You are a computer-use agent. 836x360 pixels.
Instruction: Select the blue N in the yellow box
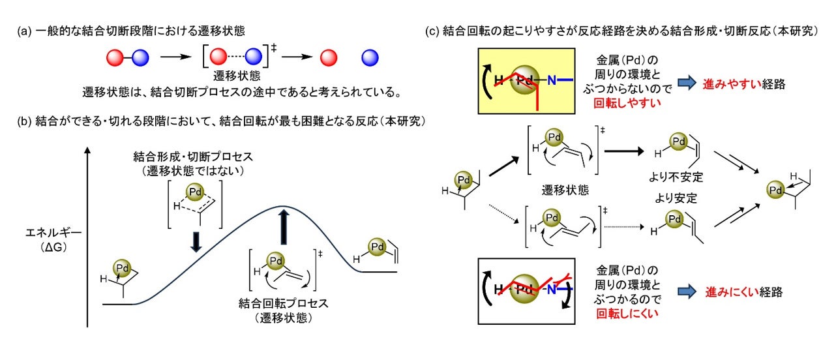point(552,80)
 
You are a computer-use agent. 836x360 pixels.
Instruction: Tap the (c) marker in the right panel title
point(432,31)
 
